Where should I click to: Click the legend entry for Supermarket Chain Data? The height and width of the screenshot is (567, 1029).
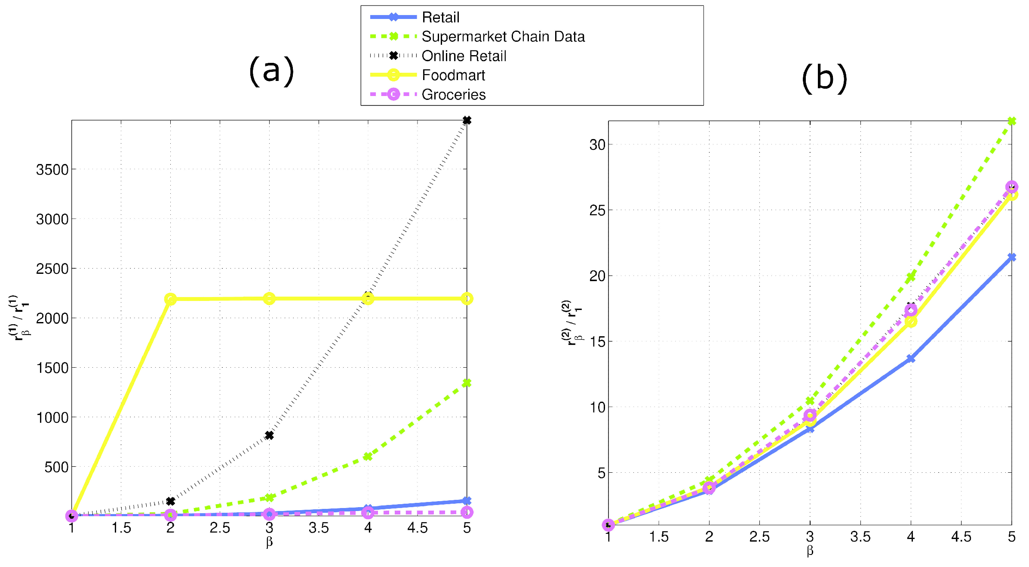click(503, 37)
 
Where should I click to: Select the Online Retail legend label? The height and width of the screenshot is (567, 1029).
click(464, 56)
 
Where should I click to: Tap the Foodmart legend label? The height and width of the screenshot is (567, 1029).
click(453, 75)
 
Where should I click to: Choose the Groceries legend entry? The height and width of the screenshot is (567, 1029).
click(453, 95)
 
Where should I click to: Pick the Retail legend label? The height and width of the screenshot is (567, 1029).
click(440, 17)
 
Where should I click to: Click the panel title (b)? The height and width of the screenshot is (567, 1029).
click(824, 78)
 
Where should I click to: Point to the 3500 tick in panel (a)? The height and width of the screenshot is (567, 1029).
click(52, 170)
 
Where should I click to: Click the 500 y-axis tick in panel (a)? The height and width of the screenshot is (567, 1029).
click(56, 467)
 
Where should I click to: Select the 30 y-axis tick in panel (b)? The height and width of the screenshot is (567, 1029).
click(597, 145)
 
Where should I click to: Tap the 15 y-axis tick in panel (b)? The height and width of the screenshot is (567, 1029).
click(597, 342)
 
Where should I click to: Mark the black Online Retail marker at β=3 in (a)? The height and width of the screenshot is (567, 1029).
click(269, 436)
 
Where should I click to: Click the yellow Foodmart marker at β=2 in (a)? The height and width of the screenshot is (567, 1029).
click(170, 299)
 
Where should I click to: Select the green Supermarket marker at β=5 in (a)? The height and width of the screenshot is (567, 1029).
click(467, 383)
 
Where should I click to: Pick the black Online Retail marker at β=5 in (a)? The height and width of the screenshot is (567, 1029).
click(467, 121)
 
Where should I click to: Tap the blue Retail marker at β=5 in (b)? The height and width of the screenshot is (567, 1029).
click(1011, 257)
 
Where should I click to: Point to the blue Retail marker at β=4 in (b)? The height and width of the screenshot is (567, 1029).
click(910, 358)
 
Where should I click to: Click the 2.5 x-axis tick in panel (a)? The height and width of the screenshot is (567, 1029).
click(220, 528)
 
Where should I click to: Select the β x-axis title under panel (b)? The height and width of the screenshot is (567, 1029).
click(810, 551)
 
